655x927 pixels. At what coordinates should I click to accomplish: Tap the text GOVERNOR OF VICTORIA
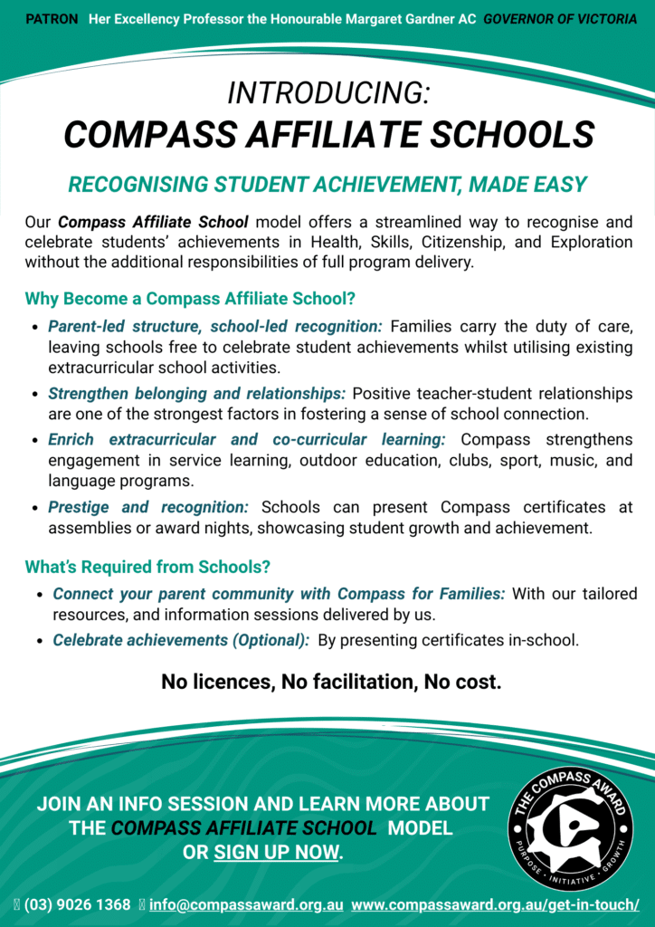[560, 19]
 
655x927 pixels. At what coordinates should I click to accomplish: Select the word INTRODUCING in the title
[327, 92]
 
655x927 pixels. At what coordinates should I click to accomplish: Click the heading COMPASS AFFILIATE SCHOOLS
[328, 135]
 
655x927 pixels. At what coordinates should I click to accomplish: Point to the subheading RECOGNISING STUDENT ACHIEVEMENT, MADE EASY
[327, 185]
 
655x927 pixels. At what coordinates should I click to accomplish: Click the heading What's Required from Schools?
[147, 568]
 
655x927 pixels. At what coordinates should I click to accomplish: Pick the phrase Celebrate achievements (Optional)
[179, 640]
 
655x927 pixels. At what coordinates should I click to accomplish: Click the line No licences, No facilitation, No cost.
[331, 682]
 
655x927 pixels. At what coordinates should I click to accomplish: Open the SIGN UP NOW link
[276, 852]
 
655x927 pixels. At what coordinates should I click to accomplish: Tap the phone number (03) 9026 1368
[77, 904]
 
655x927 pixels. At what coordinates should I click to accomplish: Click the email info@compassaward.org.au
[246, 904]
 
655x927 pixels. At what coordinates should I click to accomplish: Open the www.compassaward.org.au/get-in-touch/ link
[495, 904]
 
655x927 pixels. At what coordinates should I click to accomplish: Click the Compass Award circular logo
[570, 827]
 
